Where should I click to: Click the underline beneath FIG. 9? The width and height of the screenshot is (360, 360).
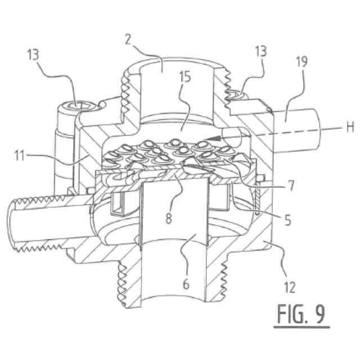[x=301, y=327]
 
